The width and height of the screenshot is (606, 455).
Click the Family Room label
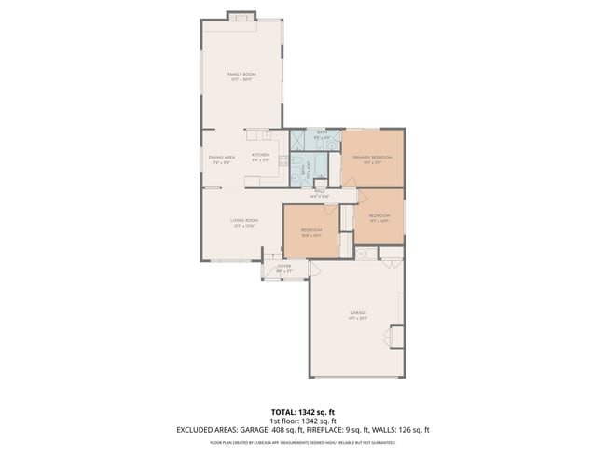pyautogui.click(x=242, y=76)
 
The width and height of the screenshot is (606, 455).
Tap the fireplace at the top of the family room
pyautogui.click(x=241, y=16)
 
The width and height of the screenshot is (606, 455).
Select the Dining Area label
pyautogui.click(x=221, y=159)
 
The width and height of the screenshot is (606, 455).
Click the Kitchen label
pyautogui.click(x=260, y=157)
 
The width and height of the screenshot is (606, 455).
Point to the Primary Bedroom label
pyautogui.click(x=372, y=159)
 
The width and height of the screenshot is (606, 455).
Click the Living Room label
pyautogui.click(x=244, y=222)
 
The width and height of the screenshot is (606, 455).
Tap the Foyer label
pyautogui.click(x=284, y=268)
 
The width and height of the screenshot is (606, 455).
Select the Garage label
pyautogui.click(x=358, y=315)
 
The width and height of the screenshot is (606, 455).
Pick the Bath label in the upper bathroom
pyautogui.click(x=322, y=134)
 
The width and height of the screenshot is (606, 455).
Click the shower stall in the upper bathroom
pyautogui.click(x=299, y=141)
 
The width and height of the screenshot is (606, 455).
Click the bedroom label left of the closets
pyautogui.click(x=310, y=232)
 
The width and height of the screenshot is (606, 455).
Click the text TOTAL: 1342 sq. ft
pyautogui.click(x=302, y=411)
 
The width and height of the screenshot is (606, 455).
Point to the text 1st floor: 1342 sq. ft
pyautogui.click(x=302, y=421)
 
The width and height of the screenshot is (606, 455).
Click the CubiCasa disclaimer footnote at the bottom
pyautogui.click(x=302, y=441)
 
